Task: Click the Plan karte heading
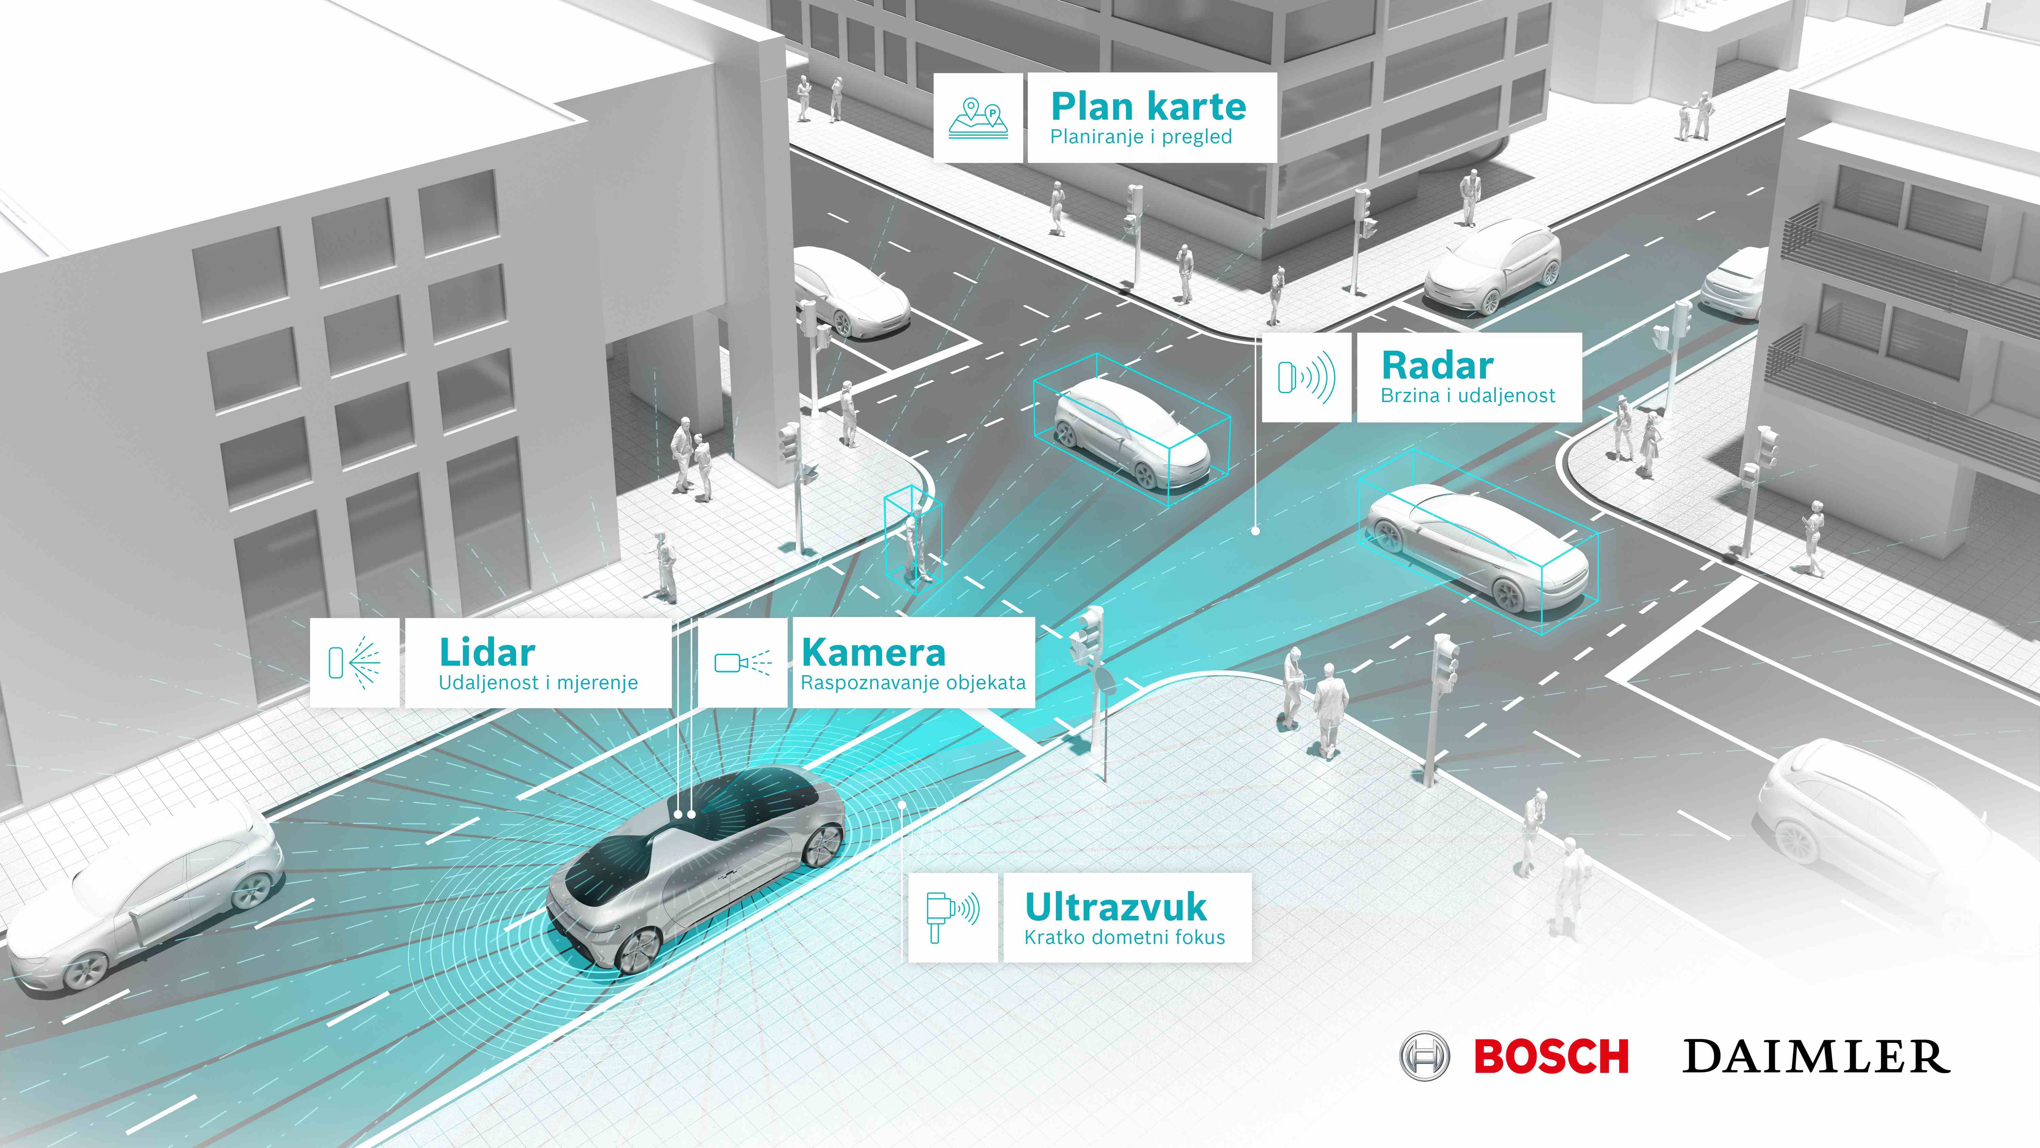click(x=1148, y=106)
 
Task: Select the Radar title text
click(x=1437, y=365)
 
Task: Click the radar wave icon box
click(x=1307, y=377)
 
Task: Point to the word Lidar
click(x=487, y=653)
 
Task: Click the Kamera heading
click(x=873, y=653)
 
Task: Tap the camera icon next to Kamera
click(x=743, y=662)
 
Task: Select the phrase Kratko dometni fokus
click(x=1124, y=937)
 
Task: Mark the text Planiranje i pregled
click(x=1141, y=137)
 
